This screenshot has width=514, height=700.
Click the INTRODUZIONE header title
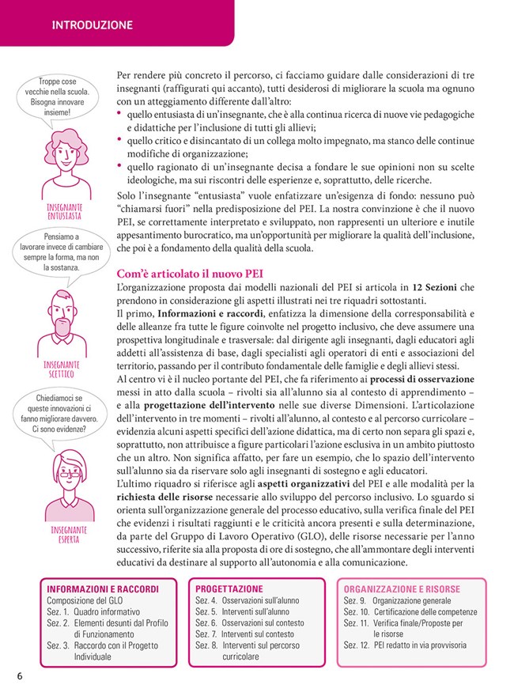click(x=92, y=25)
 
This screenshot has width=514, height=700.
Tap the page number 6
click(x=19, y=675)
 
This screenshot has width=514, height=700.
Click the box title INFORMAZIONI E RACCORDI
click(x=103, y=589)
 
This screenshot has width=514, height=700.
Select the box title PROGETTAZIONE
click(x=229, y=589)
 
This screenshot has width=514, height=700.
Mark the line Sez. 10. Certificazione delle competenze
click(x=409, y=611)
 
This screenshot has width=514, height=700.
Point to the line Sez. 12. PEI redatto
click(x=404, y=645)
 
